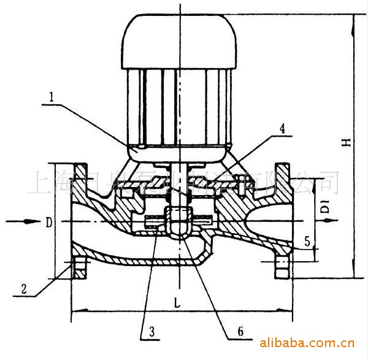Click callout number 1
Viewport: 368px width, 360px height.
point(55,97)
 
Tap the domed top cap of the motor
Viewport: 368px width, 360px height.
point(178,40)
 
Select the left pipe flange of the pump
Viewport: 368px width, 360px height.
point(79,221)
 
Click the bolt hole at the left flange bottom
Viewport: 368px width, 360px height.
point(79,266)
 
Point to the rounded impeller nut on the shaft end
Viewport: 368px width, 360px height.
point(178,222)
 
